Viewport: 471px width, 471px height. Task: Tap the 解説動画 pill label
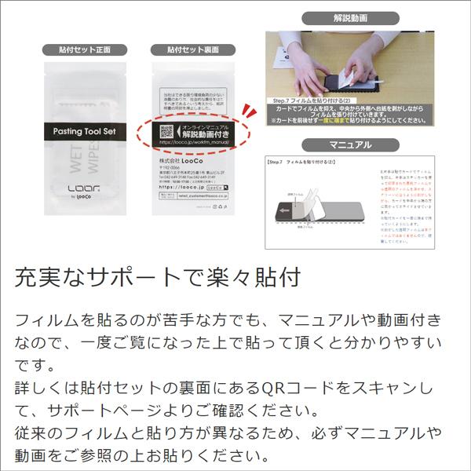coord(350,17)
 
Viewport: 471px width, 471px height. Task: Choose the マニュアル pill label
coord(350,144)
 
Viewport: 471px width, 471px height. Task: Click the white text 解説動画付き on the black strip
coord(205,136)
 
